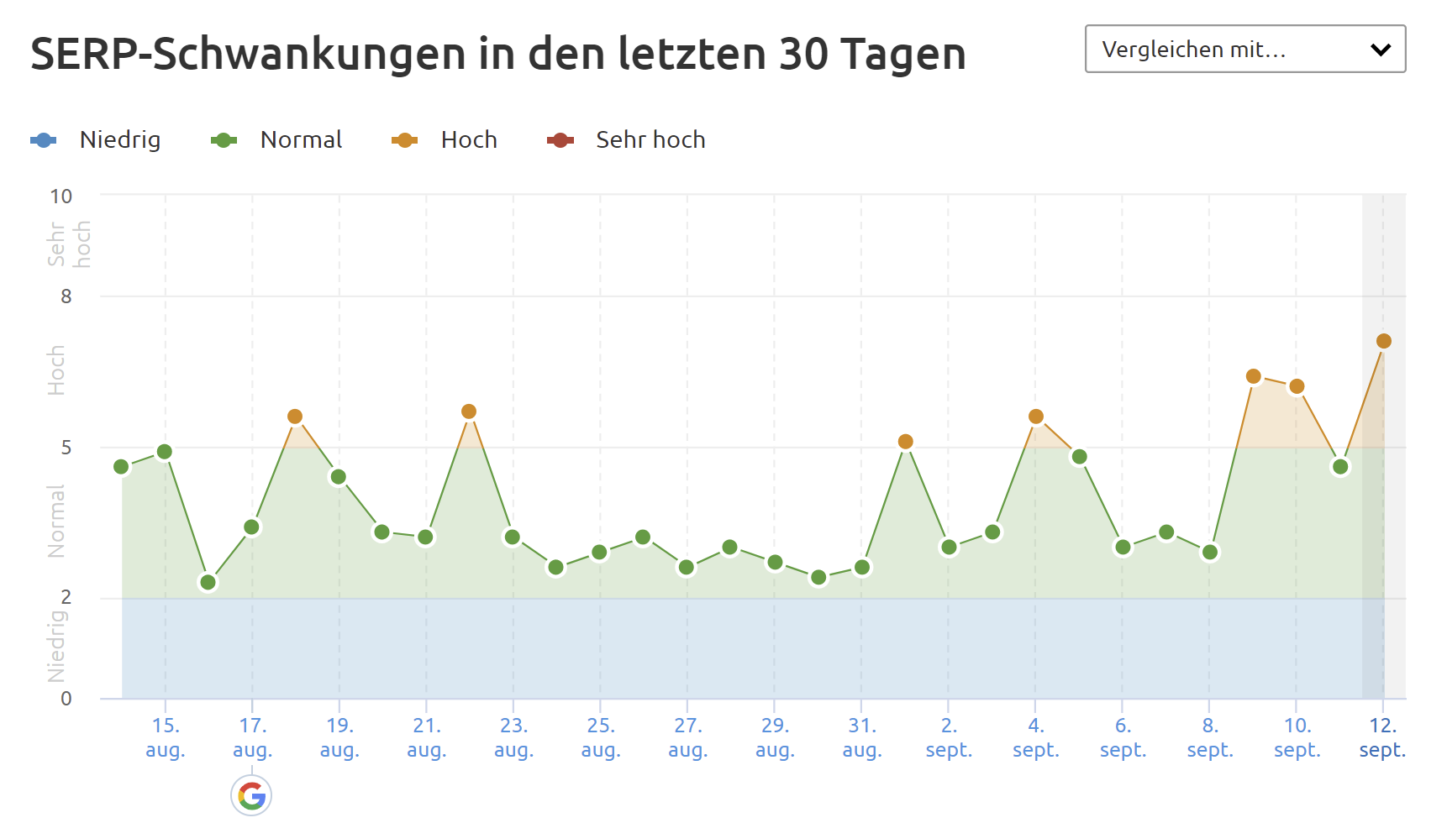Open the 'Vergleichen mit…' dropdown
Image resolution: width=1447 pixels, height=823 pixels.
[1244, 50]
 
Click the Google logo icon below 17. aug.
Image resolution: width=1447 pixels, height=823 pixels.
[251, 795]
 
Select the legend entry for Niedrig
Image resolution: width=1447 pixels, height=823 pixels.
[95, 140]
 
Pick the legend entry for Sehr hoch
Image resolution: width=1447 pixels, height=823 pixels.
[626, 140]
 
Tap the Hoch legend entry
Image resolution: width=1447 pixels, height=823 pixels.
[445, 140]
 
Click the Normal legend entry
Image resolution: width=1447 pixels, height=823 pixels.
[276, 140]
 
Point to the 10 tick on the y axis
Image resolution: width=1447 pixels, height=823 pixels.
[61, 197]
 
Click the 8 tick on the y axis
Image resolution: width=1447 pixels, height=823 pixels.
[66, 296]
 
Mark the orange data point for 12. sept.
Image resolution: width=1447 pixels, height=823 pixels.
[1383, 341]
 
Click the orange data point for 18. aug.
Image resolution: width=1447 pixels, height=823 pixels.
[295, 417]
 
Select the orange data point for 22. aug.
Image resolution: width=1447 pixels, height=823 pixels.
[469, 411]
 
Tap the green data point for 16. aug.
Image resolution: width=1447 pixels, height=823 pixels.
[208, 582]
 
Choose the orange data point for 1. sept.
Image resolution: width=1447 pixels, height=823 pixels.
[905, 442]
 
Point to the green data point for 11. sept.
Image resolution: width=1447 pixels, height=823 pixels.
[1340, 467]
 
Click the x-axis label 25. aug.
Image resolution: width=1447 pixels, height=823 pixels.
[601, 737]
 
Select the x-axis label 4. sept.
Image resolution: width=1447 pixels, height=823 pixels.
[1035, 737]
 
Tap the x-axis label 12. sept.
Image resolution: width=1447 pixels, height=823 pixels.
[1382, 737]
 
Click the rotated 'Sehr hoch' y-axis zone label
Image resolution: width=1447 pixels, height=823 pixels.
[69, 244]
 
